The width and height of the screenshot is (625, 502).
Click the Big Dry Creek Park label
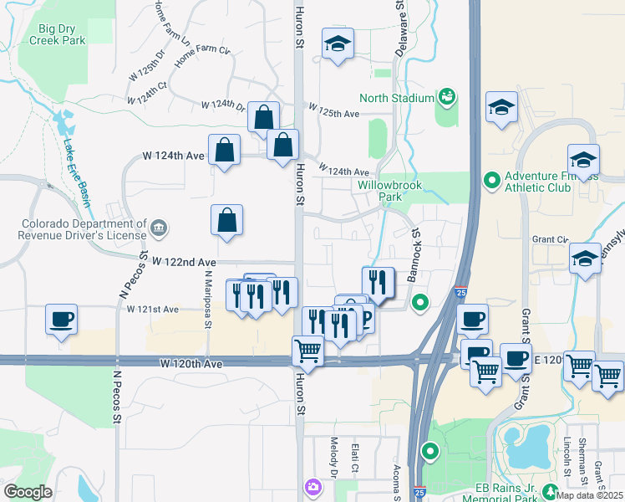coord(63,33)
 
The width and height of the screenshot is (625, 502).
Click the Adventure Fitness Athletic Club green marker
coord(491,180)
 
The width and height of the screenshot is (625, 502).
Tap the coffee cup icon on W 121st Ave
coord(63,319)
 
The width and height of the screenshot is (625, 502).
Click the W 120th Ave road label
coord(191,364)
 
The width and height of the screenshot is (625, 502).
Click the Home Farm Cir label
coord(202,57)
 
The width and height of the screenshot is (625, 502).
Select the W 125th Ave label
coord(333,113)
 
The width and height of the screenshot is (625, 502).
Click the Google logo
coord(28,492)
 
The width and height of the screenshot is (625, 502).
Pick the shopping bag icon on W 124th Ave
coord(226,151)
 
